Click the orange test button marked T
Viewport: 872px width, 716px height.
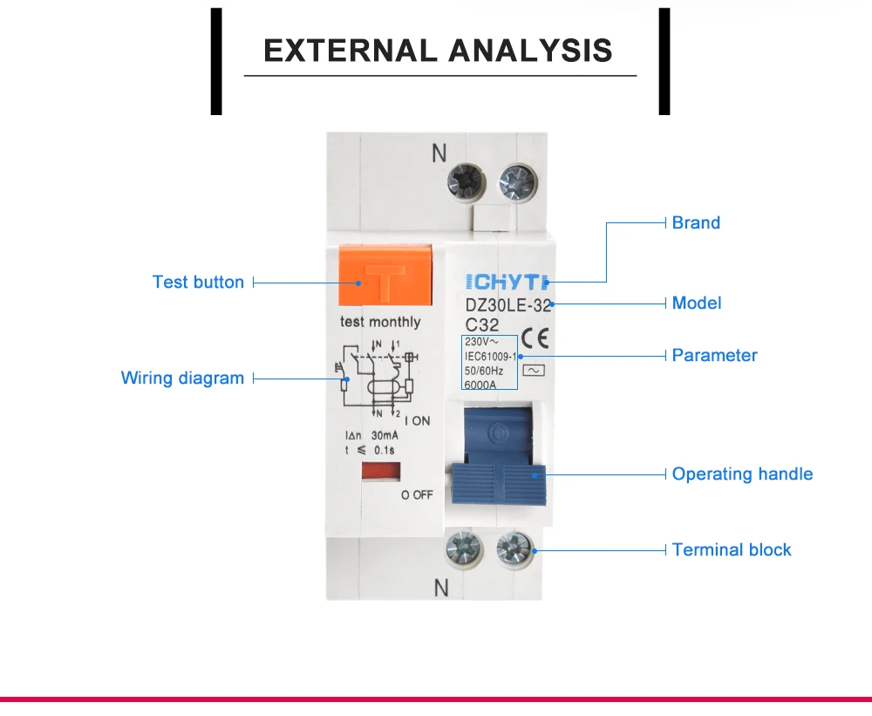(385, 277)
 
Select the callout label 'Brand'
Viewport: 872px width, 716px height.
(696, 222)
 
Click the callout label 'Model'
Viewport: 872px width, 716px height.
(697, 303)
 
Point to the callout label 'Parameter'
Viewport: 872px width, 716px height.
(714, 356)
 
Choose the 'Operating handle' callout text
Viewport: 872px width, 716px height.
(742, 474)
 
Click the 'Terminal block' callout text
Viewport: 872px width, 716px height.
(732, 550)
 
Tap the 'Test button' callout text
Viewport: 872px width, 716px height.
(198, 283)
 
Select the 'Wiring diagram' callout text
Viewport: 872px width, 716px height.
(182, 378)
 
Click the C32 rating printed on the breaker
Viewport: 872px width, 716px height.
(482, 324)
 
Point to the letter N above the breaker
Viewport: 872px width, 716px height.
(439, 153)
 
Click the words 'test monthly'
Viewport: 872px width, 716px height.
(380, 322)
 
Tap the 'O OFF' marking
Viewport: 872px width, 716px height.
(417, 494)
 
